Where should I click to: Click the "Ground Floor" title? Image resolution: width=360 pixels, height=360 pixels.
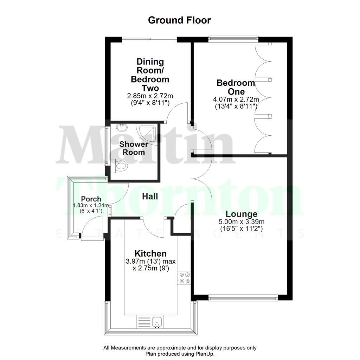179,20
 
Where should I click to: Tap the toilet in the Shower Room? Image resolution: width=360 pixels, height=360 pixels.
121,166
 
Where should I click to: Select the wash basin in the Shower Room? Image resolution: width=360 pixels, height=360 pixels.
122,127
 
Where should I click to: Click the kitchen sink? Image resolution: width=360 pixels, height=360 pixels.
157,321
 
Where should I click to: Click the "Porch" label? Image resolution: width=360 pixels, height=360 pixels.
91,199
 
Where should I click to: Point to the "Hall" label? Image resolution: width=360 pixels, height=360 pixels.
150,197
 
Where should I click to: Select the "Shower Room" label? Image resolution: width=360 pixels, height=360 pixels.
132,148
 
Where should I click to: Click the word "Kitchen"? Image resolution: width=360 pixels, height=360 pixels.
150,253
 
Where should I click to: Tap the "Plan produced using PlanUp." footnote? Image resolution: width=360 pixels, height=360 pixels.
180,354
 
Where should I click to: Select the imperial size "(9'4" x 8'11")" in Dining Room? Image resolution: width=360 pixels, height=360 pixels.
150,103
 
